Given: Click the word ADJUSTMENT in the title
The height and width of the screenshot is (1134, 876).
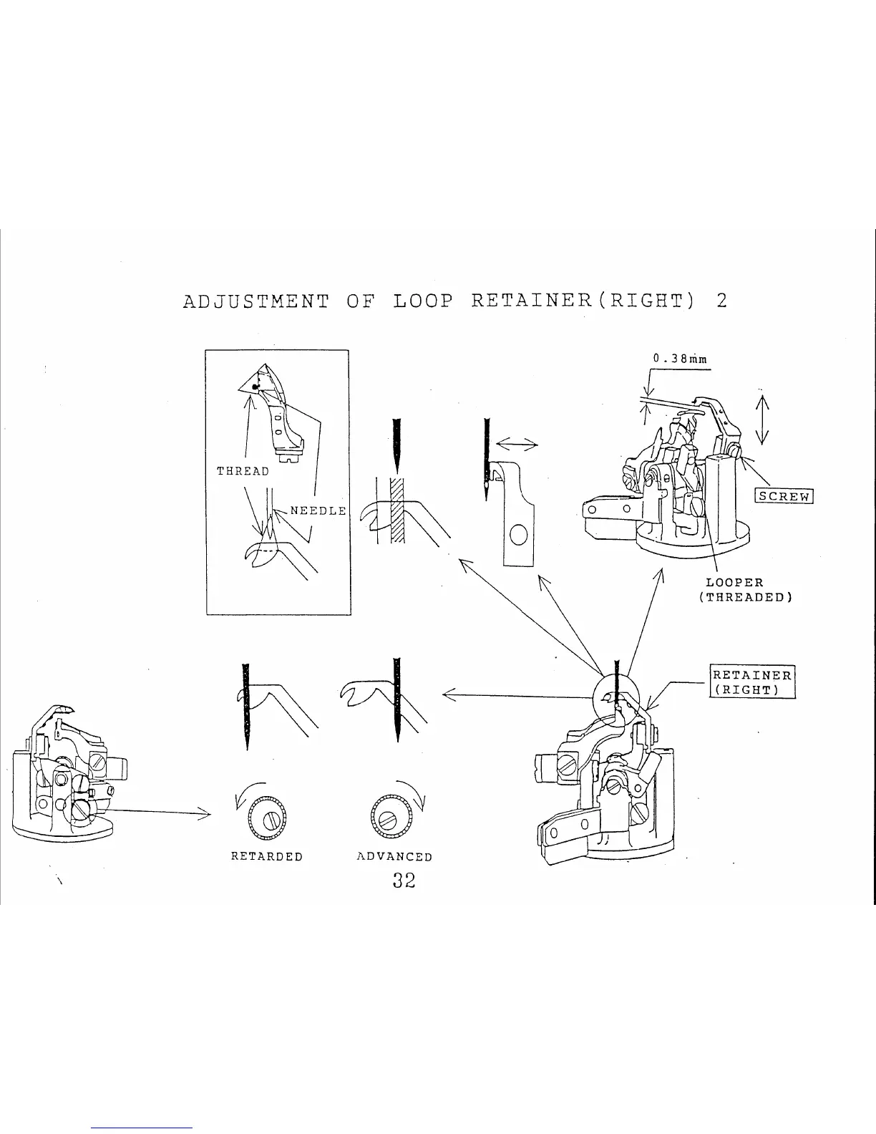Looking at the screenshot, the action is click(x=255, y=301).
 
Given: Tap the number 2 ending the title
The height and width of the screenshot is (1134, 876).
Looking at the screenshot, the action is click(x=721, y=301).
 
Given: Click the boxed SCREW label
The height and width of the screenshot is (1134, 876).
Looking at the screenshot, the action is click(x=784, y=496).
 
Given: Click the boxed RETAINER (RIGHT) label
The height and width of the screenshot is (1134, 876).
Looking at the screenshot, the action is click(x=752, y=682).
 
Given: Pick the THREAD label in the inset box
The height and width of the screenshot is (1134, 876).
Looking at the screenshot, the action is click(x=243, y=471).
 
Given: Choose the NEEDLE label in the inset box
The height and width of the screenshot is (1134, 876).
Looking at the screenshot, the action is click(x=318, y=510).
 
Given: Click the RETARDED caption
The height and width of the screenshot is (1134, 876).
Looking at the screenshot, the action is click(x=267, y=857).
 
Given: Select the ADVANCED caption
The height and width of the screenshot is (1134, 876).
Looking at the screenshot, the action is click(x=394, y=857).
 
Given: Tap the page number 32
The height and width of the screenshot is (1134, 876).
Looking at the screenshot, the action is click(x=404, y=881).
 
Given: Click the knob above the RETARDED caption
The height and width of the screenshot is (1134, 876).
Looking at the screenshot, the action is click(x=266, y=816).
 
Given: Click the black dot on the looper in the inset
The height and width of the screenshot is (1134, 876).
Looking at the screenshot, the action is click(x=255, y=387).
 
